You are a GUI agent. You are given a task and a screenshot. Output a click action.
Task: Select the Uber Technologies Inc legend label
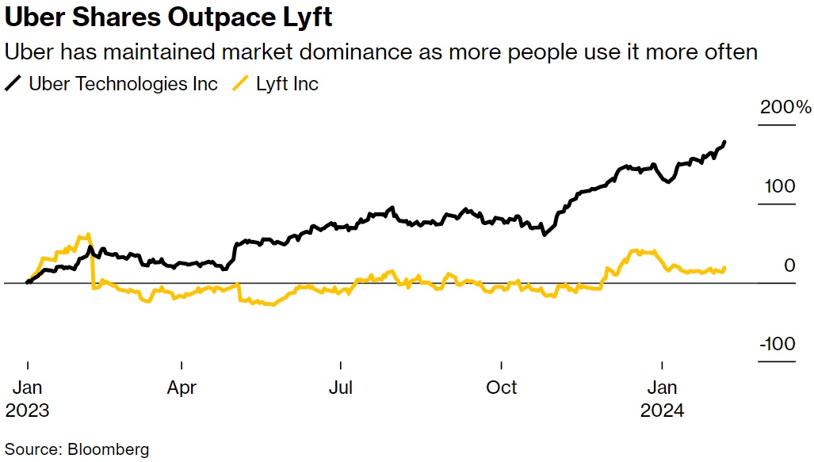point(123,84)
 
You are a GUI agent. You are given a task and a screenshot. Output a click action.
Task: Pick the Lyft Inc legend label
point(287,84)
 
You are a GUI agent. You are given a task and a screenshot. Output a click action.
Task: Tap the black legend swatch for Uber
point(13,84)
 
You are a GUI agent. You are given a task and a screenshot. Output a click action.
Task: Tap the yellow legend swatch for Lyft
point(241,84)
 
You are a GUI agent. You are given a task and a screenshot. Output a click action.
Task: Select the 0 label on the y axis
point(789,265)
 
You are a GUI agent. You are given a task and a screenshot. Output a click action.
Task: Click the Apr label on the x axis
point(182,388)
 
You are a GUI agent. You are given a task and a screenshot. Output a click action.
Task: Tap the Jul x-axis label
point(342,388)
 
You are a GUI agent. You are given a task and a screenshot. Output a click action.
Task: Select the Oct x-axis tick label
point(502,388)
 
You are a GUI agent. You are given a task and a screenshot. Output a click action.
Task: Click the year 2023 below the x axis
point(27,410)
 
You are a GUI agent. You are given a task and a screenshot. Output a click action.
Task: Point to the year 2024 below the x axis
point(662,410)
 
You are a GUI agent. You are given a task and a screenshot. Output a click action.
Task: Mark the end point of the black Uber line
point(724,143)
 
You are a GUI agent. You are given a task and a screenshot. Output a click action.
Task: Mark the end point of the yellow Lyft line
point(724,268)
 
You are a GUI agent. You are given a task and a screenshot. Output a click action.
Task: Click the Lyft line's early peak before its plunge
point(87,235)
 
